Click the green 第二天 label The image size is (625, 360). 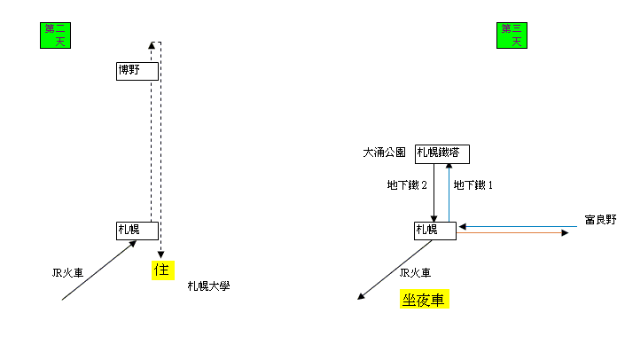pos(55,35)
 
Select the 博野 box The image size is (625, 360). pos(137,70)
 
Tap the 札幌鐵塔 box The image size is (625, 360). pos(441,153)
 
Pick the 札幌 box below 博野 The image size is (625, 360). pos(137,230)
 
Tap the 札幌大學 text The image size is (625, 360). pos(208,286)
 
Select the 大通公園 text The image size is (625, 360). pos(384,153)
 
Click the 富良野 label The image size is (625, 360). pos(600,219)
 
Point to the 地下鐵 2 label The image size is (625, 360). pos(407,185)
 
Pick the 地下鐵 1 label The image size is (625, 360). pos(473,185)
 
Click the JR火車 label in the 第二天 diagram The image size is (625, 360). pos(67,272)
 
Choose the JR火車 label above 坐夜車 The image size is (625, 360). pos(416,272)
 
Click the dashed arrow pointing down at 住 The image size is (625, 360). pos(160,151)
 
